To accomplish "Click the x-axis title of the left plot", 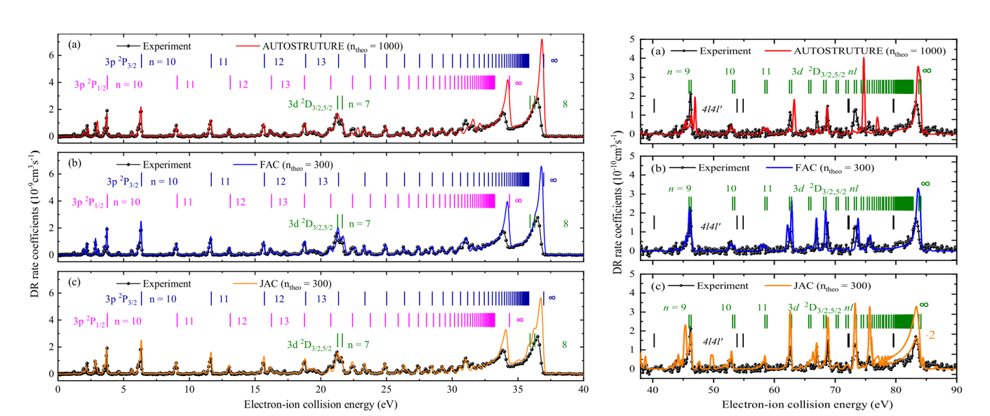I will tap(320, 405).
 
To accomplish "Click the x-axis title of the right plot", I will tap(803, 405).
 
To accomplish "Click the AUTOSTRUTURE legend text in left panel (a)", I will tap(332, 46).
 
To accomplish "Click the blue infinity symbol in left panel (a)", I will tap(554, 61).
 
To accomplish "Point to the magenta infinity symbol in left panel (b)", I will tap(519, 201).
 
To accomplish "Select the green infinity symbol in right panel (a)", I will tap(926, 71).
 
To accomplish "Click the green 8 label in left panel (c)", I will tap(566, 344).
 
